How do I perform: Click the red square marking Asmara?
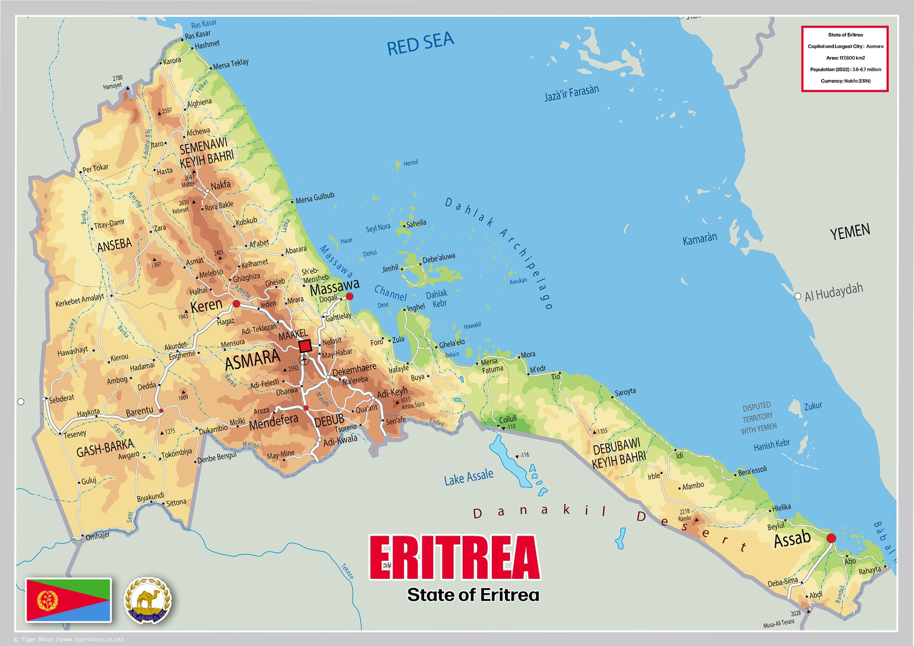[305, 346]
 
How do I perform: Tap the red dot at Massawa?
[350, 296]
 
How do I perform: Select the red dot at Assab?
[831, 538]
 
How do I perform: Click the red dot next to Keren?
[236, 304]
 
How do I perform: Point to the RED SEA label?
[420, 43]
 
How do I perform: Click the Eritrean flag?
[68, 600]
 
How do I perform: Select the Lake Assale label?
[469, 477]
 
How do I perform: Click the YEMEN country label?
[849, 232]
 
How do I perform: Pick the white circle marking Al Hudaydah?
[798, 296]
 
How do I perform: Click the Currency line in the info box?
[845, 81]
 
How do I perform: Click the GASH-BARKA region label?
[105, 448]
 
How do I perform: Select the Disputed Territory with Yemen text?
[759, 418]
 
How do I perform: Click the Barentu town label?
[139, 411]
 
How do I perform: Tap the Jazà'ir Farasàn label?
[571, 93]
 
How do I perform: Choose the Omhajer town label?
[98, 536]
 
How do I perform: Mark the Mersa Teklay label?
[231, 64]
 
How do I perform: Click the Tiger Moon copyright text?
[69, 640]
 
